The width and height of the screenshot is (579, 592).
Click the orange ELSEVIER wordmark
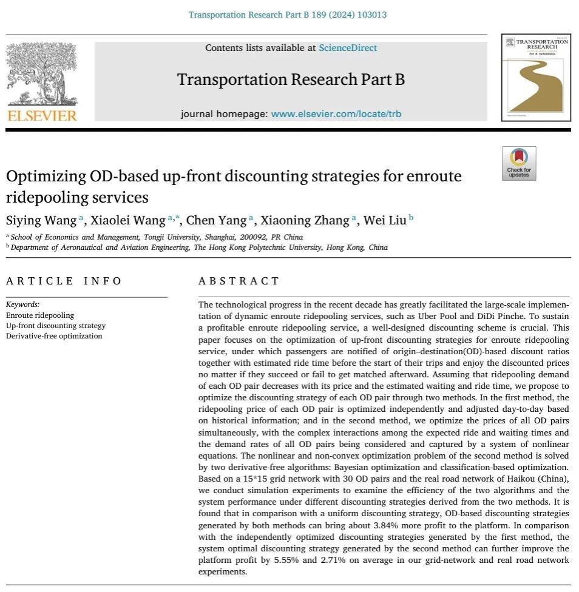coord(42,115)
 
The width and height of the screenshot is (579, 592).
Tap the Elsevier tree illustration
coord(41,74)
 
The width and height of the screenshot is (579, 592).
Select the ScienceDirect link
coord(348,48)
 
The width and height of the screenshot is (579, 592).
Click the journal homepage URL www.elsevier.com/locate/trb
coord(336,113)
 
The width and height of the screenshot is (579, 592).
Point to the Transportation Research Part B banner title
coord(291,79)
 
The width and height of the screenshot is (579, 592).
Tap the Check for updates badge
coord(519,163)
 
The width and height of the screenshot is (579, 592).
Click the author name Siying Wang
coord(39,220)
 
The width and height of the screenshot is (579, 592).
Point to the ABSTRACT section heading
coord(239,281)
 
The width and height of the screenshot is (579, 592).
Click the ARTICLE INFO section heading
coord(64,281)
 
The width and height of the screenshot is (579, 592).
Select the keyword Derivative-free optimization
coord(54,335)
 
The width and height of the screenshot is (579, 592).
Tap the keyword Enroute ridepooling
coord(40,315)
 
